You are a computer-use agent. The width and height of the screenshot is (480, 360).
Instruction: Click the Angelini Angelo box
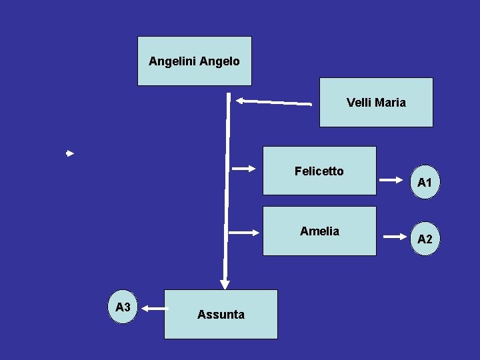point(194,61)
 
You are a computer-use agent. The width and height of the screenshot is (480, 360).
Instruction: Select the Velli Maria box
point(376,102)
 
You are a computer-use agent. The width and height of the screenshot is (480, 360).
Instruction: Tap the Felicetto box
point(319,171)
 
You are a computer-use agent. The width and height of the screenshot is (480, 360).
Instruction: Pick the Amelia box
point(319,231)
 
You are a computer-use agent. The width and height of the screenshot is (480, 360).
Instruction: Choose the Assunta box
point(221,314)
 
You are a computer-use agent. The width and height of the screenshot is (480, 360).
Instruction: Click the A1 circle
point(425,182)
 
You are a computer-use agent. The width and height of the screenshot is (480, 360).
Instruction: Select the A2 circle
point(425,239)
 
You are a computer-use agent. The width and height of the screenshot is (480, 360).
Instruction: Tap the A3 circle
point(123,307)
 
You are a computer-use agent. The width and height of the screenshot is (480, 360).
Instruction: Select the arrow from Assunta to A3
point(155,308)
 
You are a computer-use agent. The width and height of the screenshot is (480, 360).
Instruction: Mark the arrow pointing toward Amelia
point(243,233)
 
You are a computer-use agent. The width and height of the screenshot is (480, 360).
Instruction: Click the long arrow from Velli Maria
point(273,102)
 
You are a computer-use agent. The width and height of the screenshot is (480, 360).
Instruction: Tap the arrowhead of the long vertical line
point(225,283)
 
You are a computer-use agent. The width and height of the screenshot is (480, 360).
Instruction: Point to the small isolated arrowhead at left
point(69,153)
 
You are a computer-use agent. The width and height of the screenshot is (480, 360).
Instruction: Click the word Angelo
point(219,61)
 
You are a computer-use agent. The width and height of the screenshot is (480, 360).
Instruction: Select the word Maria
point(390,102)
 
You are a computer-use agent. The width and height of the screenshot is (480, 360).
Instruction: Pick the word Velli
point(359,102)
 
